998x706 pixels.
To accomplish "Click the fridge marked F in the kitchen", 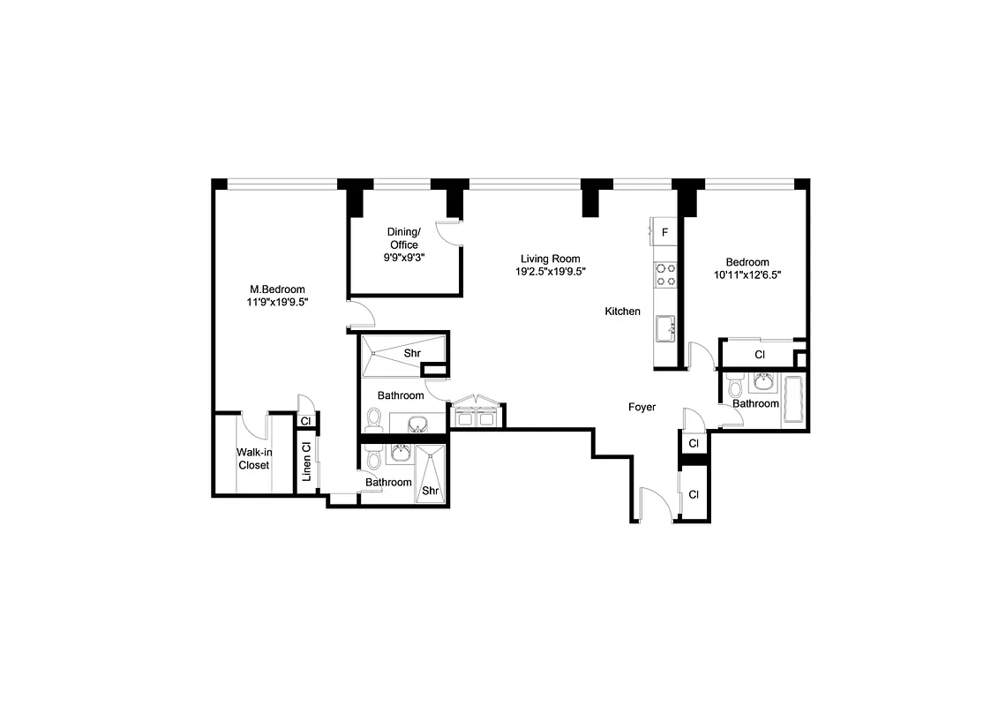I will [664, 232].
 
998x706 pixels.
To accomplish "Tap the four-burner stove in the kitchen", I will [664, 274].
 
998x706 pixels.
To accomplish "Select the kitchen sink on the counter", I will [664, 328].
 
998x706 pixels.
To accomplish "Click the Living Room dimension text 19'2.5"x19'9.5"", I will [551, 272].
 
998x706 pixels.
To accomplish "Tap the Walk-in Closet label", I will [252, 458].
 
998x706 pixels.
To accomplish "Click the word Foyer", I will [642, 407].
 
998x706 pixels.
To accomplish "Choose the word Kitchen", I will [622, 312].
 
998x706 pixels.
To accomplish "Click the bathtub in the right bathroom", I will [793, 401].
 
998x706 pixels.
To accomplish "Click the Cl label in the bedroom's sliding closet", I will [759, 355].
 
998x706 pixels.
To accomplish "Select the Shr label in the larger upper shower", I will [411, 353].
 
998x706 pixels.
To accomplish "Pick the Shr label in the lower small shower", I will [431, 490].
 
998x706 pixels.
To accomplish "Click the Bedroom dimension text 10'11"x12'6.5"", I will [747, 274].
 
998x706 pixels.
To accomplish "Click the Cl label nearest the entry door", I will [693, 494].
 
